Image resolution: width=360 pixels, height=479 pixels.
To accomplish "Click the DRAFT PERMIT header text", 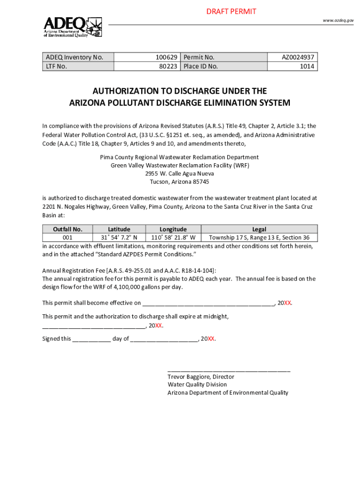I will click(231, 11).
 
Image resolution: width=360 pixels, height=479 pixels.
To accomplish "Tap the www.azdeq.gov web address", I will click(338, 21).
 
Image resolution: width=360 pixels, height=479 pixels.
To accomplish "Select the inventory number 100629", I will click(167, 57).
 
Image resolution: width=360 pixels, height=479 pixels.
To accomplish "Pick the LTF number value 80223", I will click(168, 66).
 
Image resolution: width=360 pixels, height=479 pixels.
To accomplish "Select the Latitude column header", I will click(119, 229).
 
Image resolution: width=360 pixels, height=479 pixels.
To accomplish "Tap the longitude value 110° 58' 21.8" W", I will click(173, 238).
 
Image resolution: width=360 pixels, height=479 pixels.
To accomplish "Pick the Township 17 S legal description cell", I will click(259, 238).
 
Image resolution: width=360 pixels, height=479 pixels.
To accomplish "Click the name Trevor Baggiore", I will click(188, 377).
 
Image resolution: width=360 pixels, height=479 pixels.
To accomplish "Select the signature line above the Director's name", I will click(229, 370).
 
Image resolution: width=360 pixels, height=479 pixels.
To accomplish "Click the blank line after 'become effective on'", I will click(208, 303).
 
